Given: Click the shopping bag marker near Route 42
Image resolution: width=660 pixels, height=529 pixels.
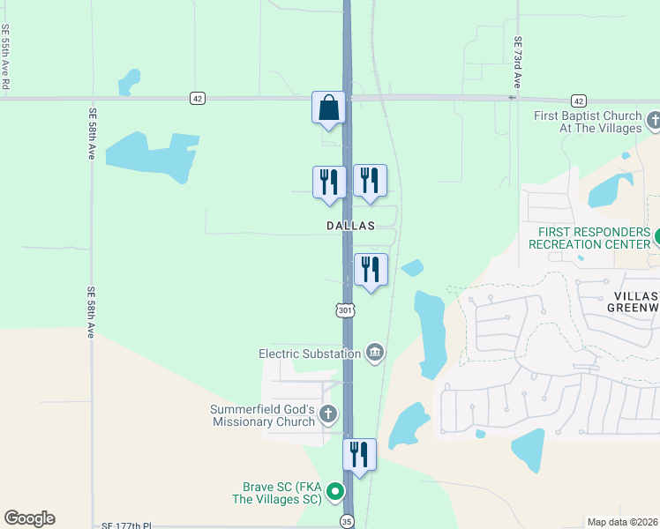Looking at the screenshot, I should [328, 108].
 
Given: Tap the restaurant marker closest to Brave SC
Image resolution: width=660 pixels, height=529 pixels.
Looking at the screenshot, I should [359, 455].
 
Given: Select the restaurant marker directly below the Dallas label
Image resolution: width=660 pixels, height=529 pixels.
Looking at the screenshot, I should [371, 270].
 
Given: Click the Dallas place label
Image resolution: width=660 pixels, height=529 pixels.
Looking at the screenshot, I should [351, 226].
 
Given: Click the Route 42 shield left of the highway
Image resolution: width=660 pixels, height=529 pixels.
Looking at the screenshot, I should [197, 99].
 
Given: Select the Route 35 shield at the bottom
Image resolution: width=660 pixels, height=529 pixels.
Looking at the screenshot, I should [348, 521].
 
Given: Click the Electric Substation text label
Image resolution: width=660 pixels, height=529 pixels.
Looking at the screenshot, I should [310, 354].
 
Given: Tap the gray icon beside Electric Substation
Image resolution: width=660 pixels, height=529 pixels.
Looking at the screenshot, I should [375, 353].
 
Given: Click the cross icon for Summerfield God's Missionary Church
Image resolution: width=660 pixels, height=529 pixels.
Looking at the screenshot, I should [328, 414].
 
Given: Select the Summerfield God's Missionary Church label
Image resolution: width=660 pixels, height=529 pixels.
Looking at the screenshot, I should [262, 415].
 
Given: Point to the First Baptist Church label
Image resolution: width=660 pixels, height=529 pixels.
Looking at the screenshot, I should [588, 122].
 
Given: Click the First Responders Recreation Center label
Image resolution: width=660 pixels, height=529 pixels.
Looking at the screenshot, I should [589, 237].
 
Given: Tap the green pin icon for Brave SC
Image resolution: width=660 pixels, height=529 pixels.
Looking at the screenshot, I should [334, 492].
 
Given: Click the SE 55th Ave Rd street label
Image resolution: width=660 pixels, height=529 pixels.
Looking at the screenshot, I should [5, 56].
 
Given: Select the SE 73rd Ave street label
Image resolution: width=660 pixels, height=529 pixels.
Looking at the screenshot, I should [518, 62].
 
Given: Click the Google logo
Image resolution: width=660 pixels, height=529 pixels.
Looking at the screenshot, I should [29, 518].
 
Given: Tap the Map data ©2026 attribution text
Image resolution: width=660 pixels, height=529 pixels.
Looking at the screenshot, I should [623, 522].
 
